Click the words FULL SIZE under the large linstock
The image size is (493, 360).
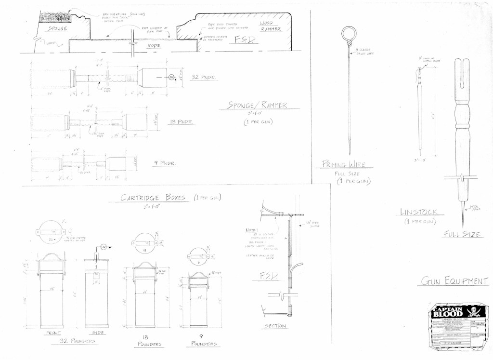click(x=462, y=235)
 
